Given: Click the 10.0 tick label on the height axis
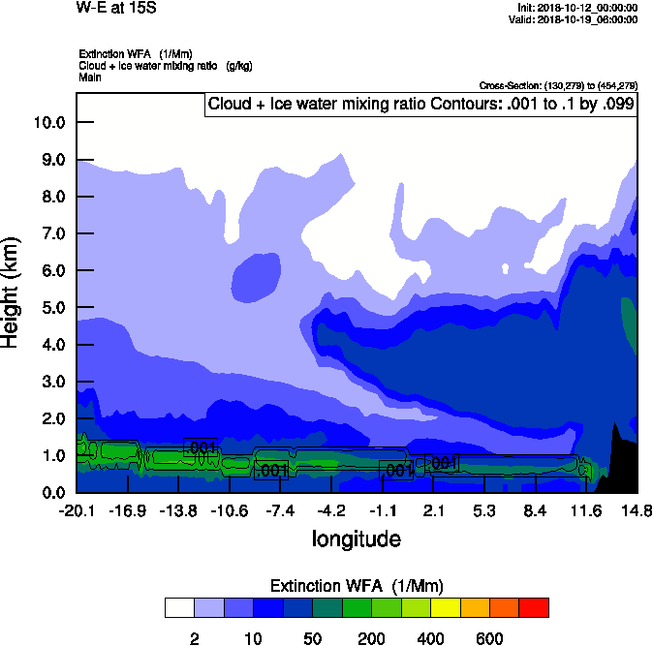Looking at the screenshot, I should click(x=48, y=123).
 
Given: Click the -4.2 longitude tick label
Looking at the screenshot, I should click(x=331, y=510).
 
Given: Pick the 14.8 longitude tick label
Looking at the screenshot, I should click(x=637, y=510).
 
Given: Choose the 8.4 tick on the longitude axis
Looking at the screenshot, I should click(x=535, y=510).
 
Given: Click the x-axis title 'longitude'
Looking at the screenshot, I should click(x=356, y=538).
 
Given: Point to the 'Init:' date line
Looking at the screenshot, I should click(x=577, y=8).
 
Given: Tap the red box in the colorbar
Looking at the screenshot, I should click(x=534, y=607).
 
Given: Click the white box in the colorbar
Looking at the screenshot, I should click(x=179, y=607).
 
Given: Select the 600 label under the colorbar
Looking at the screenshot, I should click(x=489, y=638).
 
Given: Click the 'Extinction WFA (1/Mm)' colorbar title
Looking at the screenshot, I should click(x=357, y=585).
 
